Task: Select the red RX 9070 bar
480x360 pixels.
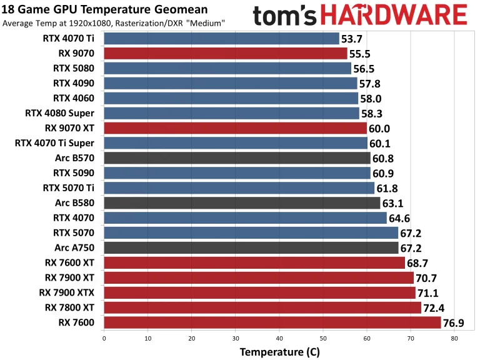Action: click(225, 54)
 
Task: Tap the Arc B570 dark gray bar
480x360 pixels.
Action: click(237, 157)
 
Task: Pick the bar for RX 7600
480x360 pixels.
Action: click(272, 322)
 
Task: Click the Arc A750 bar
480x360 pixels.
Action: click(251, 248)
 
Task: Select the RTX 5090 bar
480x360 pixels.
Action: click(237, 173)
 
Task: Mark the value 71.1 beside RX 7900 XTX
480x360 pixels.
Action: click(431, 293)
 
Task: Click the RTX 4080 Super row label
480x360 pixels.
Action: click(60, 113)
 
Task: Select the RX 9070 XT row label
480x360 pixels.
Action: click(69, 128)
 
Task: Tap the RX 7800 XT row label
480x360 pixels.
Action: click(69, 307)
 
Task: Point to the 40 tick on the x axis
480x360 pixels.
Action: click(279, 338)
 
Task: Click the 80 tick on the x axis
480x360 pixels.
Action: click(454, 338)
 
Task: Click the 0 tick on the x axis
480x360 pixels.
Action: click(104, 338)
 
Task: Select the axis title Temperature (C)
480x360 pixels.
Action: click(279, 352)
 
